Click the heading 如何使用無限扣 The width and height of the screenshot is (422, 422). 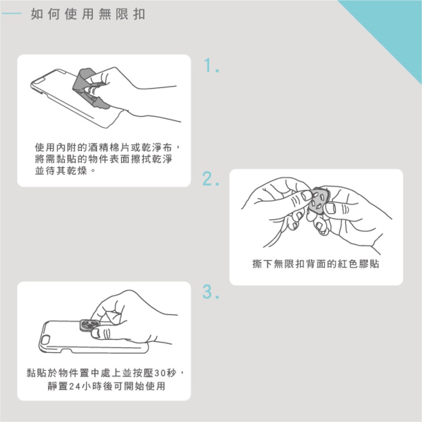(x=88, y=14)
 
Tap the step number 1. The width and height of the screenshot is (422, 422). (x=211, y=66)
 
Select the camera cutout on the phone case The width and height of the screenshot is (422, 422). (x=45, y=340)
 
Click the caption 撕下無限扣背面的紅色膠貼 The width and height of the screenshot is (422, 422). (x=316, y=264)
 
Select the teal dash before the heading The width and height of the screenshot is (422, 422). (x=12, y=14)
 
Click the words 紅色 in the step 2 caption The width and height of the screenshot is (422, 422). (x=348, y=264)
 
